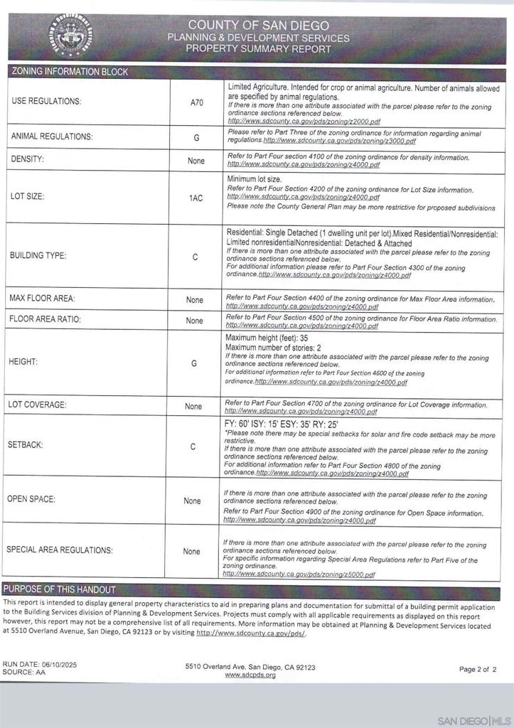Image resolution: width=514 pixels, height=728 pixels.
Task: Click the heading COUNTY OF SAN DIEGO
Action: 258,25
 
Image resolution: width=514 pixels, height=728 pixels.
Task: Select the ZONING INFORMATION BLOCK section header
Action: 70,72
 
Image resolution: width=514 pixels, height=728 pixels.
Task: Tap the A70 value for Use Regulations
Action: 197,102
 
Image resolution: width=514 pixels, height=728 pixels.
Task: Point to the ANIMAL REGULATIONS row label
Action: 52,136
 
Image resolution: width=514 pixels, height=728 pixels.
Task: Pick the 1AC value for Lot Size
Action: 196,198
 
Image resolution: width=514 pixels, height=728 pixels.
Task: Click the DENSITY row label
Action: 28,159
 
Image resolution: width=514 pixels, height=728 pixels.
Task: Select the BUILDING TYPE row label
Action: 38,256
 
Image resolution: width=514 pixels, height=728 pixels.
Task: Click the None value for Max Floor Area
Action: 195,300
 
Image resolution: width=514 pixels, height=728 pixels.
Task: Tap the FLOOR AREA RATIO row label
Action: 45,319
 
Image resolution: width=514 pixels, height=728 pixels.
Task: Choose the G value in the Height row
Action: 194,363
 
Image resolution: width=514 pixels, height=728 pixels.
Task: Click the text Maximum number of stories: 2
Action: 274,348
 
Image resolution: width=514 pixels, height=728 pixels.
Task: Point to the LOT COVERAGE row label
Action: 38,405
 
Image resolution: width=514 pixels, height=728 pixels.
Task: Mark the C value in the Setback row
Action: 193,446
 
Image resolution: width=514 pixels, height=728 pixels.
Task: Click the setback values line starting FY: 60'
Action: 282,424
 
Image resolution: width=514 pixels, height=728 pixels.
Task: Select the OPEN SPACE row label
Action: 31,499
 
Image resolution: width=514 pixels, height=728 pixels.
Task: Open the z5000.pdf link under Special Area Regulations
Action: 299,574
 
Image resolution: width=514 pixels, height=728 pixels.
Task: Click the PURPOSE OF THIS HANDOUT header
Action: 60,589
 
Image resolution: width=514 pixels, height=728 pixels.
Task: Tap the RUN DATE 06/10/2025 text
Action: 40,664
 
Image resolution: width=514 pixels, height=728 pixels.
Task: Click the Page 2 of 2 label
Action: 478,669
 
